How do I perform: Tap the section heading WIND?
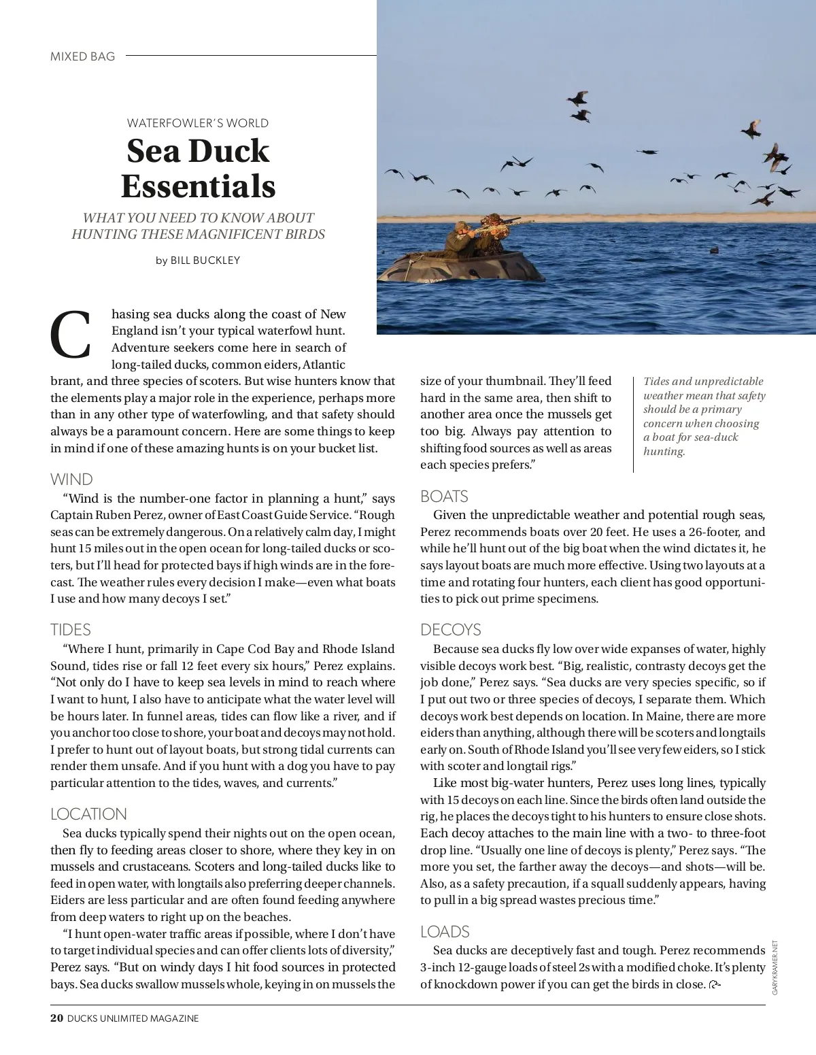[x=71, y=479]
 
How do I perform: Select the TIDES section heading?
[x=71, y=629]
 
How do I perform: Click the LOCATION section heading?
[x=88, y=814]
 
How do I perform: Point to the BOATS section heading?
[x=444, y=496]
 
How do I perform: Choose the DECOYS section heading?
[x=450, y=629]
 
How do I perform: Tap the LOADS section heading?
[x=445, y=931]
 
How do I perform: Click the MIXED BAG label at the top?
[x=83, y=56]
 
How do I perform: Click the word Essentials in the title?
[x=198, y=186]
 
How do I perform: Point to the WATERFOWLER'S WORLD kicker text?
[x=198, y=123]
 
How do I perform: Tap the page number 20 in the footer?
[x=57, y=1018]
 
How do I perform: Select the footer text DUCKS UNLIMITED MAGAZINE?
[x=133, y=1018]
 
